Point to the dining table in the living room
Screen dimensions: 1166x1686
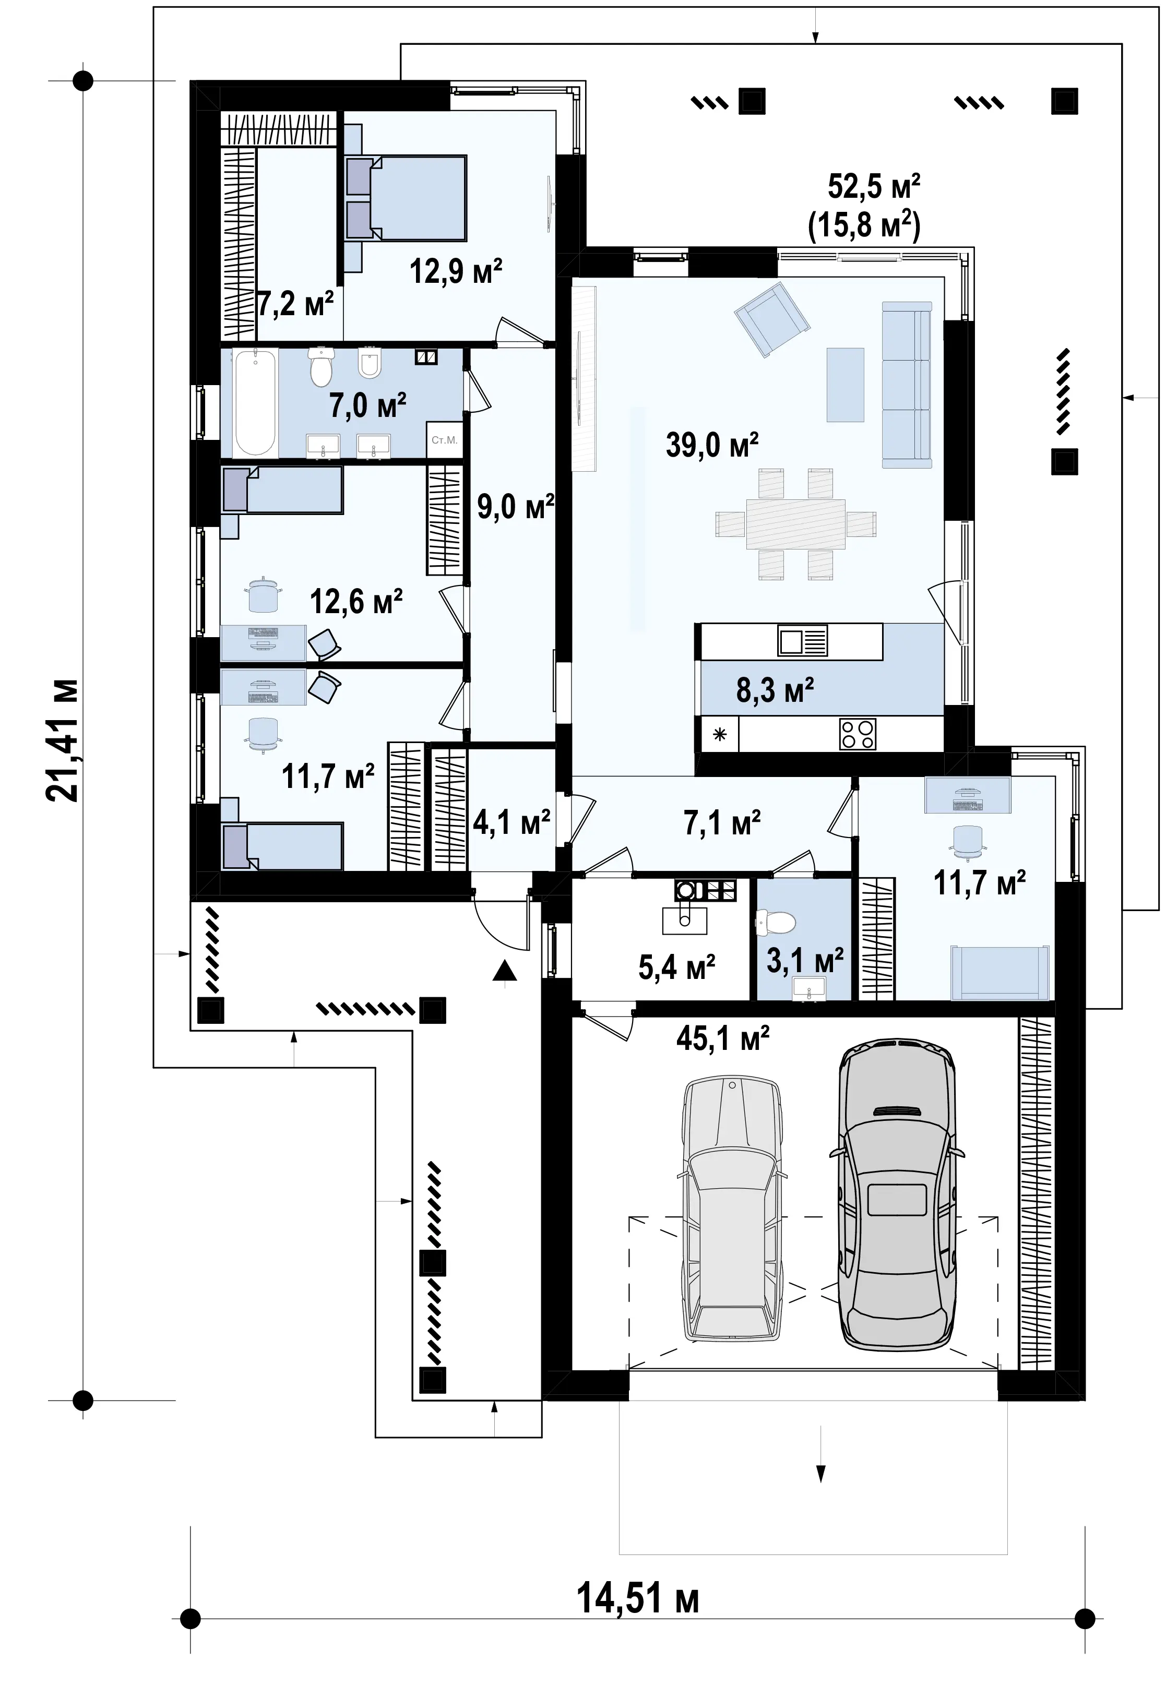tap(795, 524)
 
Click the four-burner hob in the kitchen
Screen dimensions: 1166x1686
tap(858, 734)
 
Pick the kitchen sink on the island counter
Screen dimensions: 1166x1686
tap(802, 641)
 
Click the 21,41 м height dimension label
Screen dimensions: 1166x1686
tap(62, 741)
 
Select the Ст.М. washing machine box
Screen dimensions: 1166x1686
tap(444, 440)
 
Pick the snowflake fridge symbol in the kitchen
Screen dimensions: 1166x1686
tap(720, 734)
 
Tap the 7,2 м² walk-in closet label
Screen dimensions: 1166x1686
tap(295, 303)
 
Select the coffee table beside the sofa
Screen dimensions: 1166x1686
tap(846, 384)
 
